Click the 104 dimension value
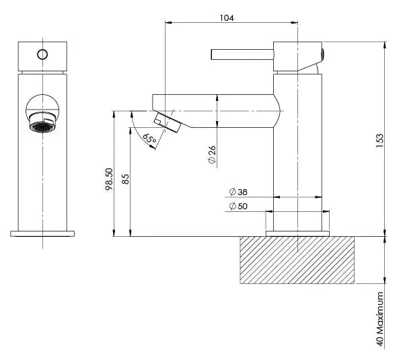click(x=227, y=18)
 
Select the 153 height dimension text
click(x=380, y=141)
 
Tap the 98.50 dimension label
click(x=109, y=179)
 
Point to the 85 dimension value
click(x=125, y=179)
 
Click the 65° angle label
click(x=149, y=139)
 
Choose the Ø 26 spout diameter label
click(x=212, y=155)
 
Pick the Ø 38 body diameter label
click(x=238, y=192)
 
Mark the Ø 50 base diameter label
click(x=238, y=206)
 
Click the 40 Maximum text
click(x=380, y=319)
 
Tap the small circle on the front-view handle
click(x=42, y=55)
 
